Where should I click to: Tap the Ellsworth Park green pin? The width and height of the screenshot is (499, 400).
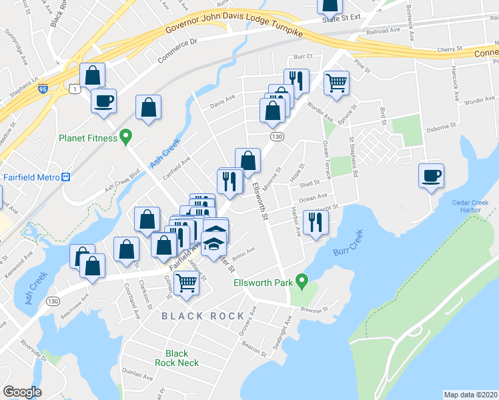click(302, 283)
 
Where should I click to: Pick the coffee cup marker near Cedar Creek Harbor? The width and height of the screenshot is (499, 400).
click(431, 176)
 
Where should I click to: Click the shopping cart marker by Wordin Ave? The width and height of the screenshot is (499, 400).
click(337, 83)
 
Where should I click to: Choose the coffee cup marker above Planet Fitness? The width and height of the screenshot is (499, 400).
click(103, 101)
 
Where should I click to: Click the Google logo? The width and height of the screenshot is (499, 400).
click(22, 391)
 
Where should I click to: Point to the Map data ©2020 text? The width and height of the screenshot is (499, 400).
click(470, 394)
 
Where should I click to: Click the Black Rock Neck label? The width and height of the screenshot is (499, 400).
click(177, 358)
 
